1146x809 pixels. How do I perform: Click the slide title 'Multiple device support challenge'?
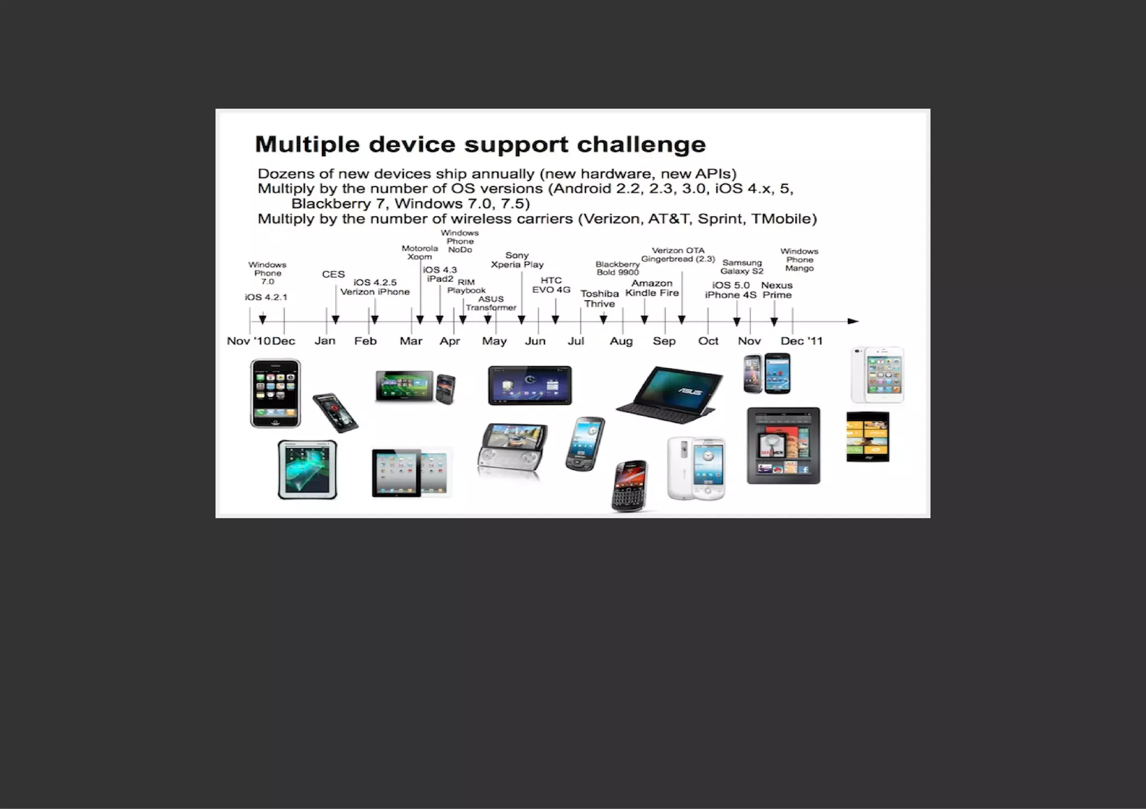[480, 144]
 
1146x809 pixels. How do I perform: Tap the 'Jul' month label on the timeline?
[576, 341]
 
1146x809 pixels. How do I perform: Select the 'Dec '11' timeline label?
[801, 341]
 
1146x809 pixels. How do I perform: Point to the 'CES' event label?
[333, 275]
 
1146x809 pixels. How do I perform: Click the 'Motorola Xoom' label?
[420, 252]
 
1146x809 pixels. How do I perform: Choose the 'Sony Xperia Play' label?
[517, 260]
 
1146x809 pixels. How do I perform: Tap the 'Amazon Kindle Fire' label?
[652, 288]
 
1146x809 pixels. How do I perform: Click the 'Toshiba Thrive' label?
[599, 299]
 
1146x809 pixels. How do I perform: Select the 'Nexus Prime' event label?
[777, 290]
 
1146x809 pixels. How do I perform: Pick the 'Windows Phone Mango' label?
[799, 260]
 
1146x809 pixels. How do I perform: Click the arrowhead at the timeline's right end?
[853, 321]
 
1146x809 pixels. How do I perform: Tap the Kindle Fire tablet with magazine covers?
[783, 446]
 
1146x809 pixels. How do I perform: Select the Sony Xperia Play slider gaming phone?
[512, 450]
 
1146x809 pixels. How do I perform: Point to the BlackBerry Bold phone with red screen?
[630, 486]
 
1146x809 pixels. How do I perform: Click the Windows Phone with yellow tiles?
[867, 437]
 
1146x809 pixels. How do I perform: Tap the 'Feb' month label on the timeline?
[365, 341]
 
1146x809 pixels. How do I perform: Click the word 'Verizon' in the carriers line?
[609, 219]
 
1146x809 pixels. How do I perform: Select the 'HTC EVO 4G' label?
[551, 285]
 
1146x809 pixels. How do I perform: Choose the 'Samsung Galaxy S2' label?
[741, 267]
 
